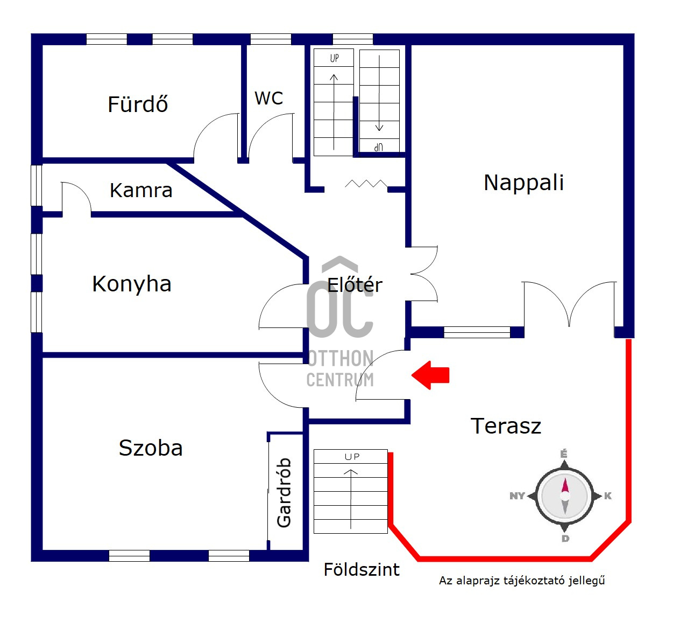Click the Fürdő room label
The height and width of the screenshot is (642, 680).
point(138,104)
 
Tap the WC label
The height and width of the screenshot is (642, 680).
point(269,99)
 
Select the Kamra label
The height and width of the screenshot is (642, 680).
point(141,191)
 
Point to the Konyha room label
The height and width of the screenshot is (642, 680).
point(132,284)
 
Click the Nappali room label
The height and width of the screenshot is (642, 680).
point(523,183)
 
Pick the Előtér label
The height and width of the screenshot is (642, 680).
point(355,285)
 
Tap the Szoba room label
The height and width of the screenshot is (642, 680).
point(151,448)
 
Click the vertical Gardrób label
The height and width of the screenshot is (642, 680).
point(284,492)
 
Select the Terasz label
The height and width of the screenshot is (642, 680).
point(506,426)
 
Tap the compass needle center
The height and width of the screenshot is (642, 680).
point(565,496)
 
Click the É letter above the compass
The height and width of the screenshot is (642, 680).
point(564,454)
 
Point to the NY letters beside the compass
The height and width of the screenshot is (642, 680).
point(517,496)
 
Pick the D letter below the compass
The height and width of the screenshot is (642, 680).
point(565,539)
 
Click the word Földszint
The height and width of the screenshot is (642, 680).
point(362,570)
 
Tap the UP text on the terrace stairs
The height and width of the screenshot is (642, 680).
point(352,457)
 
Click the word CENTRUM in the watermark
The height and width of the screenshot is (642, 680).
point(340,380)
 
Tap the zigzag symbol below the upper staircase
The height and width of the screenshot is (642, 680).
point(366,184)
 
